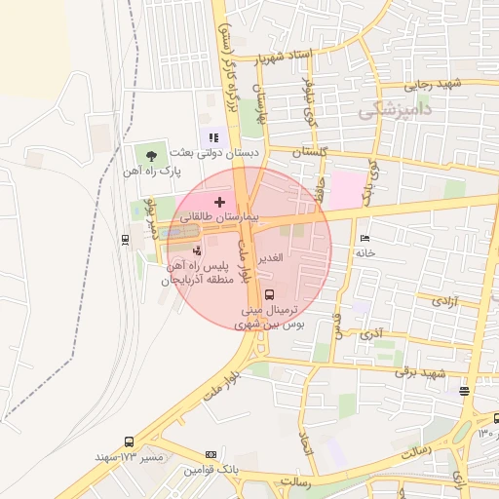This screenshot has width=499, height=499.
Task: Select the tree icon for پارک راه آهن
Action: [x=150, y=154]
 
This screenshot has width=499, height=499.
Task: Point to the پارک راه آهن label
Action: [x=152, y=172]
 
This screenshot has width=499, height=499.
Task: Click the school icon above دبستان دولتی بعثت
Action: [x=213, y=137]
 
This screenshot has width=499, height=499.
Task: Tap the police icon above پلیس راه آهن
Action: [x=198, y=251]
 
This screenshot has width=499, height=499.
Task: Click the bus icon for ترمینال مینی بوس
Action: [x=269, y=293]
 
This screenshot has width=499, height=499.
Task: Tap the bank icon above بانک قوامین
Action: [x=211, y=455]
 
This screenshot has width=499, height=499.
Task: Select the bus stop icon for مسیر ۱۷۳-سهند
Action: [x=131, y=441]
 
